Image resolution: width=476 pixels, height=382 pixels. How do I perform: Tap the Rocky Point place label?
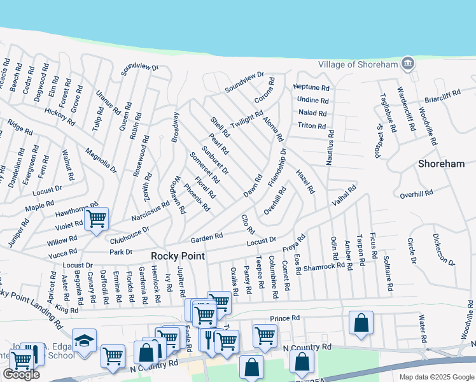coord(178,256)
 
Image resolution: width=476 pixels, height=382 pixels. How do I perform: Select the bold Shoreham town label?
coord(441,164)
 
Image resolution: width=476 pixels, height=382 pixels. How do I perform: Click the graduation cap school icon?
coord(84,340)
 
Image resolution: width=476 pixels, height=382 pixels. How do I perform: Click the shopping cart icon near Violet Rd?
coord(96,219)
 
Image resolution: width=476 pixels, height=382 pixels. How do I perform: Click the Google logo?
coord(21,374)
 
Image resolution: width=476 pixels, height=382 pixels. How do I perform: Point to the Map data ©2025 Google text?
coord(436,376)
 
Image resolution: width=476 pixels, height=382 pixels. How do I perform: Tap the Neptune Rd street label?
coord(311,88)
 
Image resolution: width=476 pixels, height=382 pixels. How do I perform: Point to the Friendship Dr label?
coord(277,167)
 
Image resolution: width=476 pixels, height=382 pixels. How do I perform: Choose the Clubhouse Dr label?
coord(129,235)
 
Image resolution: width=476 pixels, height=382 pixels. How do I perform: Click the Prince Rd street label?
coord(284,318)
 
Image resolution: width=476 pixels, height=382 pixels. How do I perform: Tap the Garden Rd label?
coord(206,237)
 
